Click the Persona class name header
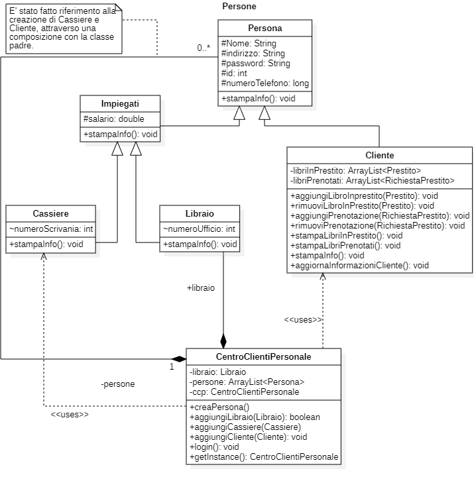[x=265, y=28]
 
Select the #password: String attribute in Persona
[x=256, y=64]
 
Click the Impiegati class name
[x=120, y=105]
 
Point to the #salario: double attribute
[x=113, y=119]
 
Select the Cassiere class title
[x=50, y=213]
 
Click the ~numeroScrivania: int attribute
[x=51, y=229]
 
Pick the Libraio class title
[x=200, y=213]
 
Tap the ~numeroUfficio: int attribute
[x=199, y=229]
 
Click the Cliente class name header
[x=379, y=155]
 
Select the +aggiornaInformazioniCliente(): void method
[x=359, y=265]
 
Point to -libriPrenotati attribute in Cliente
[x=372, y=180]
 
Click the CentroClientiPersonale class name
[x=264, y=356]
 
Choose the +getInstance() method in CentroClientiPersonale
[x=264, y=457]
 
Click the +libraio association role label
[x=201, y=288]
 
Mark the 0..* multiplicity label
[x=204, y=48]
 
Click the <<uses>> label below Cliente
[x=303, y=320]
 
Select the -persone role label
[x=118, y=384]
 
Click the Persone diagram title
[x=239, y=6]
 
